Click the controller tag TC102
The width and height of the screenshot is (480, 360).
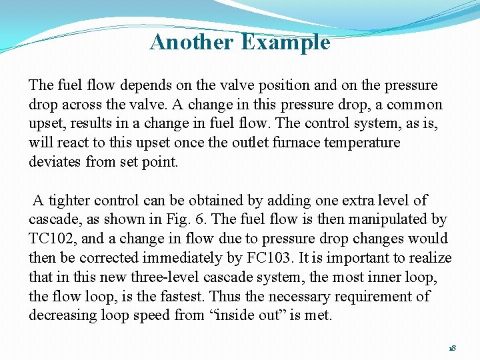52,239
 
